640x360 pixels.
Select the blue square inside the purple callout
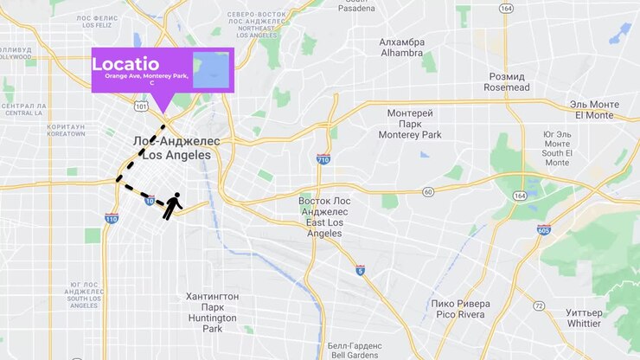point(211,70)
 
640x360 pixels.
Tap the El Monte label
point(592,109)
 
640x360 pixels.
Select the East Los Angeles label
point(324,216)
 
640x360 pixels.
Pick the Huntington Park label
point(212,312)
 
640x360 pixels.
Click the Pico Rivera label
point(460,309)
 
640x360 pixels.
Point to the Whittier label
point(584,318)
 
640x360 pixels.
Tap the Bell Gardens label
point(350,350)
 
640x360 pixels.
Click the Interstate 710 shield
point(323,159)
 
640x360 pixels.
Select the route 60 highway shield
point(428,191)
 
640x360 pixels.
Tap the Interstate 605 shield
point(543,230)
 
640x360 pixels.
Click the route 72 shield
point(539,306)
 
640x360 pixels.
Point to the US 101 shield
point(142,106)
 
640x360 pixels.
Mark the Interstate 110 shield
point(111,219)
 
